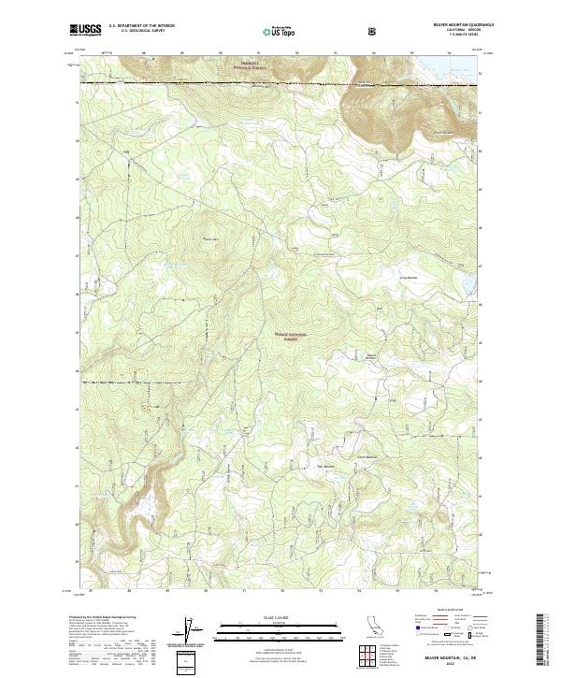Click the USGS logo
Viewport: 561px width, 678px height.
pos(85,31)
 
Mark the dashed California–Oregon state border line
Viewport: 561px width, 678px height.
pos(280,83)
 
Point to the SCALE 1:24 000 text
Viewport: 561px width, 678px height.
pos(266,616)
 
